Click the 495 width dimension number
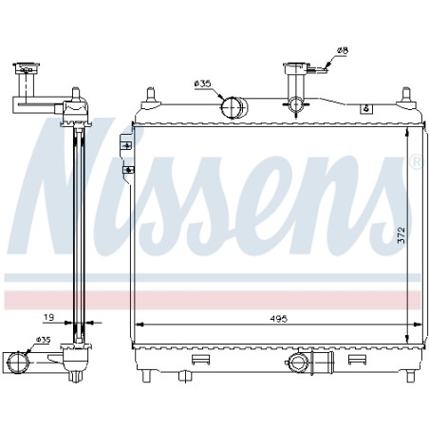pos(278,319)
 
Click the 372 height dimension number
pos(401,234)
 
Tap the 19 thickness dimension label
pos(48,317)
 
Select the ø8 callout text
pos(343,50)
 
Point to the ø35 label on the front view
pos(202,84)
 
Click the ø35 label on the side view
pos(43,340)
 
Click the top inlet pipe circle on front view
pos(233,107)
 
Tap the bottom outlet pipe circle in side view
pos(18,362)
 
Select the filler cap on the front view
pos(296,68)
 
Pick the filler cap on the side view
pos(27,68)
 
